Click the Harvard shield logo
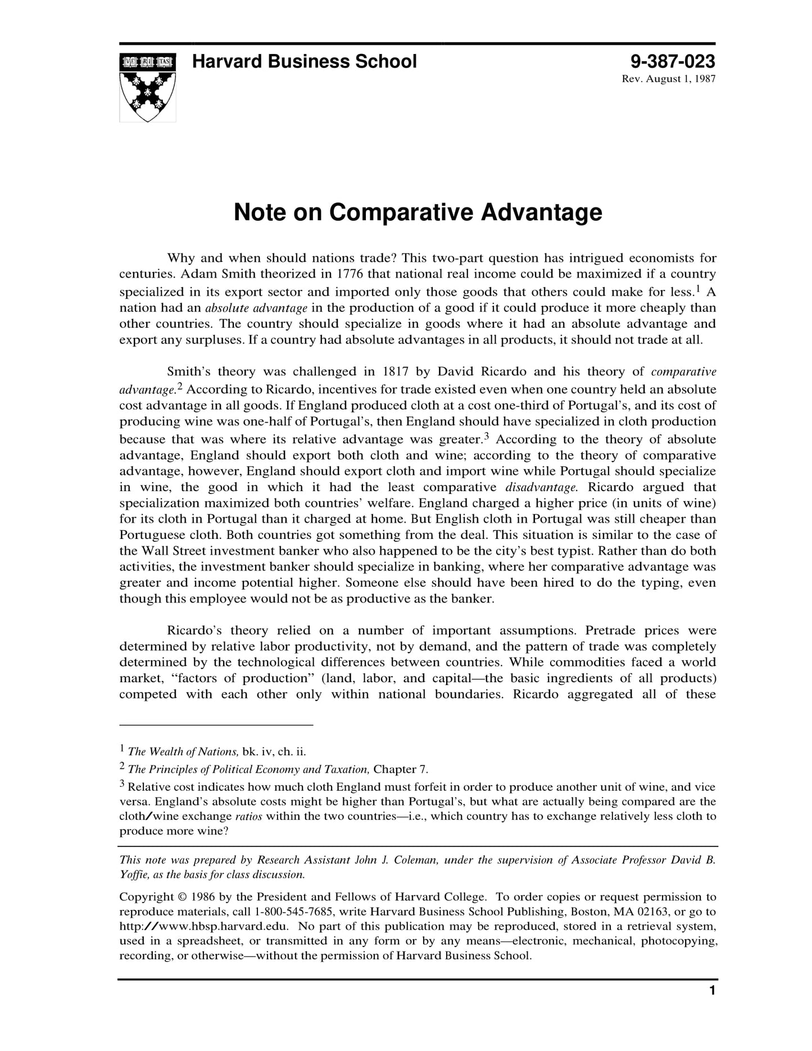coord(147,87)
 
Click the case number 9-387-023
coord(672,61)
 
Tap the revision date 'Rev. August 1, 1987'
coord(668,79)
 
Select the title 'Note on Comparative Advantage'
coord(418,212)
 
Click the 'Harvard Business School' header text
coord(304,61)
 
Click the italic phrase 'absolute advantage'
coord(256,308)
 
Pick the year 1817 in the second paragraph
coord(395,372)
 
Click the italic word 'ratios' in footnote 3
coord(248,817)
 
